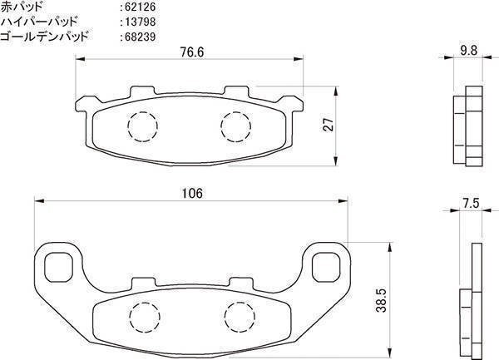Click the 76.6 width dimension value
(191, 52)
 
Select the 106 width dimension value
(191, 193)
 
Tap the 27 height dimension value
(329, 125)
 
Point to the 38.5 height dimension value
(381, 300)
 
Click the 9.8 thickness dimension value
(469, 50)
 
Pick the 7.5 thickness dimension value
(471, 203)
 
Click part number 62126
(140, 7)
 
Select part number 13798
(140, 22)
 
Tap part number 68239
(140, 37)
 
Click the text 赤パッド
(22, 7)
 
